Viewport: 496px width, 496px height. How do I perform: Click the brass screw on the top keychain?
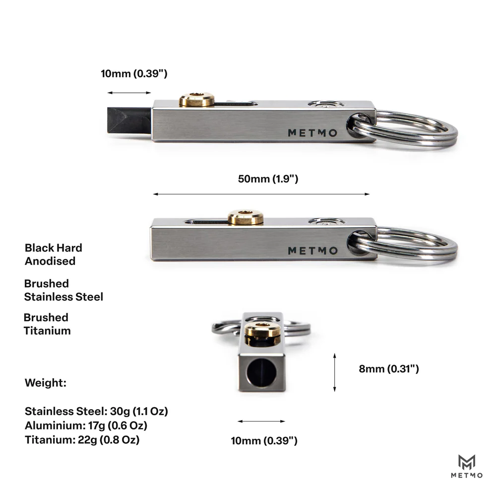click(197, 100)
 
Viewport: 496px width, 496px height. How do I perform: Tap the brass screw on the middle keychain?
click(246, 217)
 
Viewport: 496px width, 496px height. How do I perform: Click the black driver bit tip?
click(129, 121)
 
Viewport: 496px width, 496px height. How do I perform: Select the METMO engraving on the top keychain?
click(312, 133)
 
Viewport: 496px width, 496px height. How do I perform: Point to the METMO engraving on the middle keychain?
click(312, 251)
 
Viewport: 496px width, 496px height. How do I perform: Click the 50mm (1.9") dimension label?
click(268, 179)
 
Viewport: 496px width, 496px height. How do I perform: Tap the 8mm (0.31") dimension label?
click(389, 369)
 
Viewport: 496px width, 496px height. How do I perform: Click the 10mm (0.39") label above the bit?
click(134, 73)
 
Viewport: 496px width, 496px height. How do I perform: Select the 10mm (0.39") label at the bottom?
click(264, 440)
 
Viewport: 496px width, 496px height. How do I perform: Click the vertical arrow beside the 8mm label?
click(335, 372)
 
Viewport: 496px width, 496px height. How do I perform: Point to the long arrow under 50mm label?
click(261, 194)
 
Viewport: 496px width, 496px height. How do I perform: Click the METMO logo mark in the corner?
click(467, 466)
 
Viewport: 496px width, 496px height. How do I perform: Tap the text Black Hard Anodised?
click(54, 254)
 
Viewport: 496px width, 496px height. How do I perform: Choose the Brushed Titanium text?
click(47, 324)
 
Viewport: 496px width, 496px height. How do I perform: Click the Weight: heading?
click(46, 383)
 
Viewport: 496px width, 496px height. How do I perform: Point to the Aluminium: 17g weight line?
click(86, 426)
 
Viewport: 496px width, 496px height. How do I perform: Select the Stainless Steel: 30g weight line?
click(97, 411)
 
